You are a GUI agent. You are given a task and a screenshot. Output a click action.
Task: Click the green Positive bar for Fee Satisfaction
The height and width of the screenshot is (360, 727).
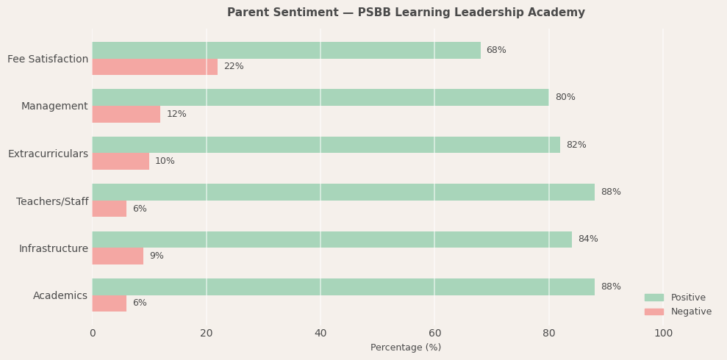tap(286, 50)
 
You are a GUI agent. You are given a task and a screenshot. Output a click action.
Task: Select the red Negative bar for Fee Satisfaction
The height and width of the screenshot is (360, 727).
tap(154, 67)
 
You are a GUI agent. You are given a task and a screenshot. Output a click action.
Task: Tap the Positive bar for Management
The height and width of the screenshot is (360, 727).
tap(320, 97)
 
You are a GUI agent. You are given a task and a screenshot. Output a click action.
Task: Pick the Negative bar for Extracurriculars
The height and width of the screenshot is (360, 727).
tap(121, 162)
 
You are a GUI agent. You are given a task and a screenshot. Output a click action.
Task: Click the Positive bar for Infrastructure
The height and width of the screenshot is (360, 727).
tap(332, 240)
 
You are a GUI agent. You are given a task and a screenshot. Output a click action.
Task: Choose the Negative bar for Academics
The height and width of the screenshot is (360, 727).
tap(109, 303)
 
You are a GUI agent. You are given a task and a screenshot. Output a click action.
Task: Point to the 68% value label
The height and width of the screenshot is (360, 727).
tap(496, 50)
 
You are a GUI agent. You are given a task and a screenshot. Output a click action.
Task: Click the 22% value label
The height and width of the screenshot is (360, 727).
tap(234, 67)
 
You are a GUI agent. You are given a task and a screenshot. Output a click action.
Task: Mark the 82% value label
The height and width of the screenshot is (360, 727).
tap(576, 145)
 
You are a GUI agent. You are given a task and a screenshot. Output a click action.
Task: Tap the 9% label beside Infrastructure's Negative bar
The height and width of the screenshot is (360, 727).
tap(157, 256)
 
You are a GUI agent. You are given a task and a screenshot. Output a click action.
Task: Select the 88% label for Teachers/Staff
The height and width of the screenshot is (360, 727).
tap(611, 192)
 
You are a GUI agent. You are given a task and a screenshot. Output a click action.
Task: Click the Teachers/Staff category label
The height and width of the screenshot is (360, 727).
tap(52, 201)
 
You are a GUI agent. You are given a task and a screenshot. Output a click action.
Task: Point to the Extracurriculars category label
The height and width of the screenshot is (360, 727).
tap(48, 154)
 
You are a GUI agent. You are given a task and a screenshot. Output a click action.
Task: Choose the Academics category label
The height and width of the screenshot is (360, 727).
tap(60, 296)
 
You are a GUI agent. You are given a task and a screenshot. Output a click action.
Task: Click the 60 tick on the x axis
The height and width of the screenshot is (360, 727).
tap(434, 334)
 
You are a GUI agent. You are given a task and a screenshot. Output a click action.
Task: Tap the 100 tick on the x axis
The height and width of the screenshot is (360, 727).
tap(663, 334)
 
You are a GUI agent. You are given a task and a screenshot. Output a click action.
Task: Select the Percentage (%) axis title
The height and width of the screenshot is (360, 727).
tap(406, 348)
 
